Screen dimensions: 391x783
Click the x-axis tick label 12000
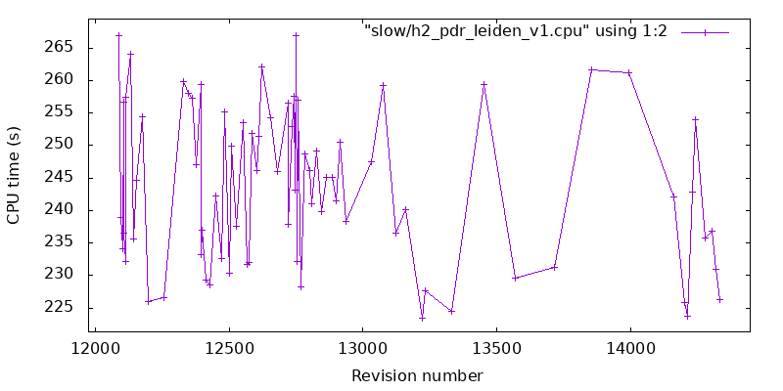(x=96, y=349)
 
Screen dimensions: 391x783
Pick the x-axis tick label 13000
(x=363, y=349)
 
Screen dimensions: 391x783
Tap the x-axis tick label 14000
(x=629, y=349)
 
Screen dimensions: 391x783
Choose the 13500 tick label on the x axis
(x=496, y=349)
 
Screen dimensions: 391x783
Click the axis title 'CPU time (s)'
(x=15, y=177)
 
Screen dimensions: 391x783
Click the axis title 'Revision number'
(x=417, y=375)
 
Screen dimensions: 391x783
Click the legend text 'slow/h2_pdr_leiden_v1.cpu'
(x=515, y=31)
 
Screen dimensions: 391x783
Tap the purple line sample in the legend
(x=705, y=31)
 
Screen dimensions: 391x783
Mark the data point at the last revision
(x=719, y=299)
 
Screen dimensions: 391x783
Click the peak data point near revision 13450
(x=484, y=84)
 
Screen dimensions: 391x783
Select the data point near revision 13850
(x=591, y=69)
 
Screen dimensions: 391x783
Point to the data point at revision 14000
(x=629, y=72)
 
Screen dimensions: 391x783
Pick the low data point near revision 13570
(x=515, y=278)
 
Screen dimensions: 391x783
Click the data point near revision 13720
(x=555, y=267)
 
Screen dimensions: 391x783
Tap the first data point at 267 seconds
(x=118, y=35)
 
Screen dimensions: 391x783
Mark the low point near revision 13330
(x=451, y=311)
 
